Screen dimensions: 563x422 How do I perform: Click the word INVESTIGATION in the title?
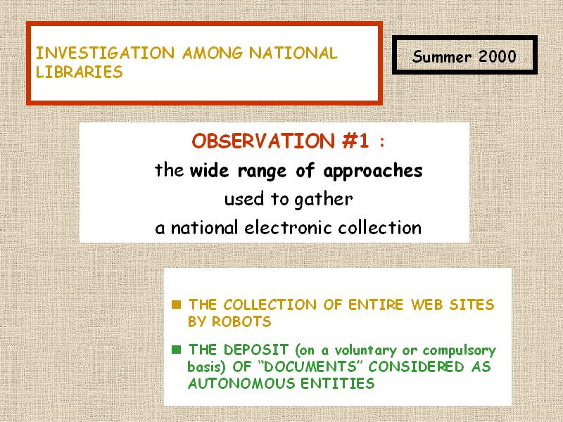pos(105,53)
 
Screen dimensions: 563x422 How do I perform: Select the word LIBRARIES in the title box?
pos(80,72)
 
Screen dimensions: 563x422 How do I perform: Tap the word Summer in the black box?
pos(442,57)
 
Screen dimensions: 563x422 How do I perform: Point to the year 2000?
pos(498,56)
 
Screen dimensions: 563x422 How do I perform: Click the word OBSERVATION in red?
pos(263,141)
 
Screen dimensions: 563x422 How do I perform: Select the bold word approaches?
pos(373,172)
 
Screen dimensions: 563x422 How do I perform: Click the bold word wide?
pos(209,170)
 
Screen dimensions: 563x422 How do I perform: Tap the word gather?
pos(324,200)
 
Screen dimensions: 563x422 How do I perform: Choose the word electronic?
pos(288,227)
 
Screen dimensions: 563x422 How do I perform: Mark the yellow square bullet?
pos(177,305)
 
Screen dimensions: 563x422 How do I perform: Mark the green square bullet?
pos(177,349)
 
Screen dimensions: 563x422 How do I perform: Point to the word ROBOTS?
pos(241,321)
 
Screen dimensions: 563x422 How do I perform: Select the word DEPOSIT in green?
pos(256,350)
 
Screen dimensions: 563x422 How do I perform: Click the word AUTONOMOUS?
pos(241,383)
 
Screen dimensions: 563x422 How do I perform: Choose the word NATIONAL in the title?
pos(293,53)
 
